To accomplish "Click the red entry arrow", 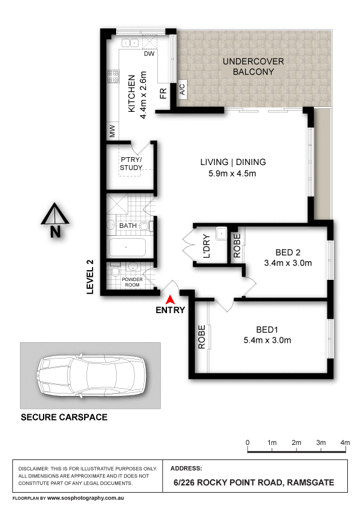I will pyautogui.click(x=171, y=299).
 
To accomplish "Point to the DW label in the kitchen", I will pyautogui.click(x=149, y=54).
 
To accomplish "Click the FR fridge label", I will pyautogui.click(x=163, y=93).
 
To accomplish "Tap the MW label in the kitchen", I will pyautogui.click(x=112, y=129).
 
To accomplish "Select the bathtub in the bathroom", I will pyautogui.click(x=127, y=248).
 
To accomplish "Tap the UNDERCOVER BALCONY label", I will pyautogui.click(x=248, y=66).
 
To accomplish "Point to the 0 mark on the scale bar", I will pyautogui.click(x=248, y=443).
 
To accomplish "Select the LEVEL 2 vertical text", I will pyautogui.click(x=90, y=276).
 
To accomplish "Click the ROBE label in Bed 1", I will pyautogui.click(x=201, y=338).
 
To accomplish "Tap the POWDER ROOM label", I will pyautogui.click(x=131, y=282).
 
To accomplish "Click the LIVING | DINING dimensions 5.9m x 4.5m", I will pyautogui.click(x=233, y=174).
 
